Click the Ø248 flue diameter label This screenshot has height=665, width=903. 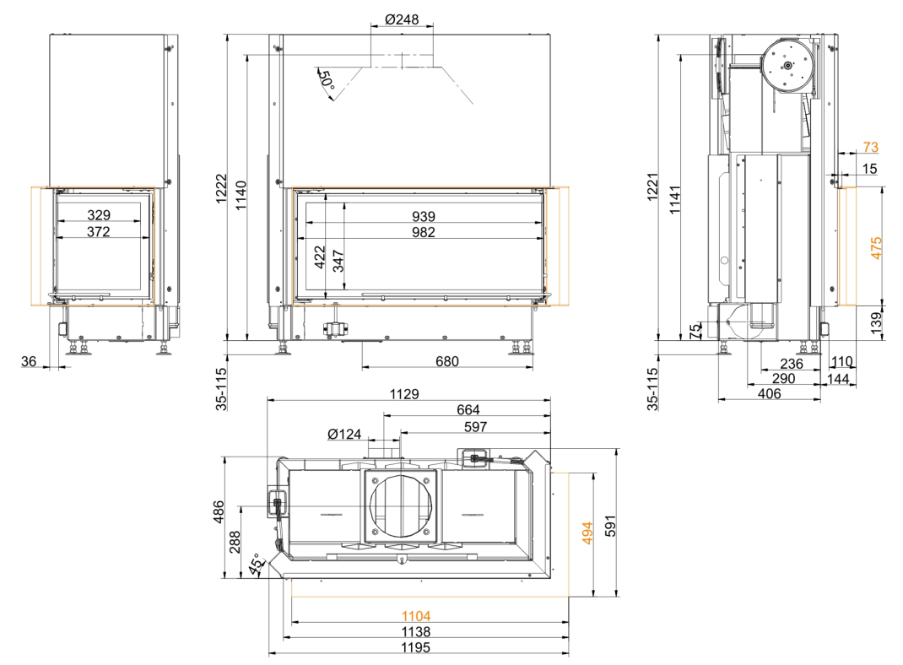[402, 19]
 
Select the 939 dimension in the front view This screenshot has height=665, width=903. [424, 217]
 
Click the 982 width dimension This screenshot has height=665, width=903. [424, 232]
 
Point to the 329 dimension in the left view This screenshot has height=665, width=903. [99, 214]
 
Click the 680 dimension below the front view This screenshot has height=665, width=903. [447, 361]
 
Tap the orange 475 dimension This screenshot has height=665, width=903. [876, 248]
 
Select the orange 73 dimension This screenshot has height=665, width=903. [871, 147]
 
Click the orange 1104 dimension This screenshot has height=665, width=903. [416, 617]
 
